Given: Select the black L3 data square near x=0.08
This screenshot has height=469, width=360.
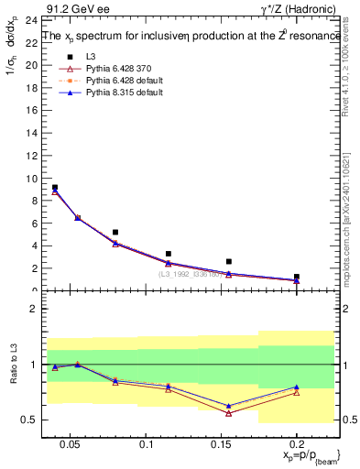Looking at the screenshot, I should click(x=115, y=232).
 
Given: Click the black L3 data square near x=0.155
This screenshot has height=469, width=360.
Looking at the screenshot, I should click(x=228, y=261).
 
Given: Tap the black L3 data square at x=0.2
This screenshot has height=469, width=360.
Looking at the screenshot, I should click(x=296, y=276).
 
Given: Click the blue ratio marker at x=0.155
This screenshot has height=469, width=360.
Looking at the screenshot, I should click(x=228, y=406).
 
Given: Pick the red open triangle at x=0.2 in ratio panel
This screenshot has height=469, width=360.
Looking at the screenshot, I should click(x=296, y=392).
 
